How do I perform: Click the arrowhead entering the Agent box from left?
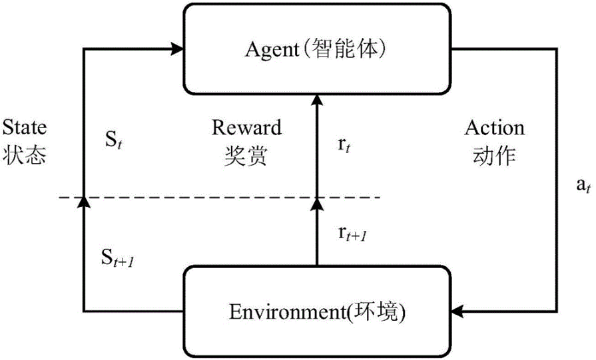coord(177,49)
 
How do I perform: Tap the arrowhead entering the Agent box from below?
coord(317,100)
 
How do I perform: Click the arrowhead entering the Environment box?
coord(459,310)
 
